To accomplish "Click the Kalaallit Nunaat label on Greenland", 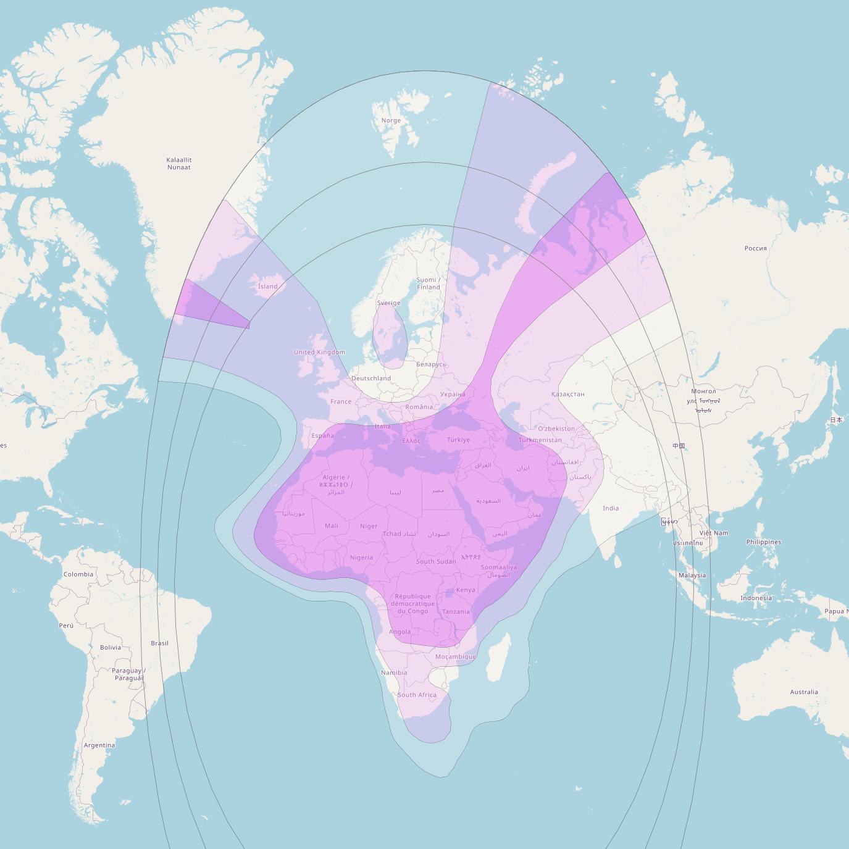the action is [x=178, y=164].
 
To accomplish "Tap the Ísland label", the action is [x=267, y=286].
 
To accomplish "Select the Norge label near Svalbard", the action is [x=391, y=120].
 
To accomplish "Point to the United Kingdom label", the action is [x=319, y=352].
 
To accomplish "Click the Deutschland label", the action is [x=371, y=378].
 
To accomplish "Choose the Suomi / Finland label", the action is [x=429, y=283].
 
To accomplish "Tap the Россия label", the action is [x=755, y=248].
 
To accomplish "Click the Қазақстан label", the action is [x=567, y=394].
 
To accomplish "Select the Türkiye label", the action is [x=458, y=440].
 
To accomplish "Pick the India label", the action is [x=611, y=508].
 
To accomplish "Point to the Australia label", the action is [x=804, y=692].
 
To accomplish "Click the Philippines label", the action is [x=763, y=542].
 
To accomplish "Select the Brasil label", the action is [x=159, y=643].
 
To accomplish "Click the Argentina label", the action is [x=99, y=745].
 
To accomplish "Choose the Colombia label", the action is [x=78, y=574].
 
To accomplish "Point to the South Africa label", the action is [x=417, y=695].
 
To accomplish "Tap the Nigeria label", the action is [x=361, y=558].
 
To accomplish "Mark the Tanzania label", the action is [x=456, y=612].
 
